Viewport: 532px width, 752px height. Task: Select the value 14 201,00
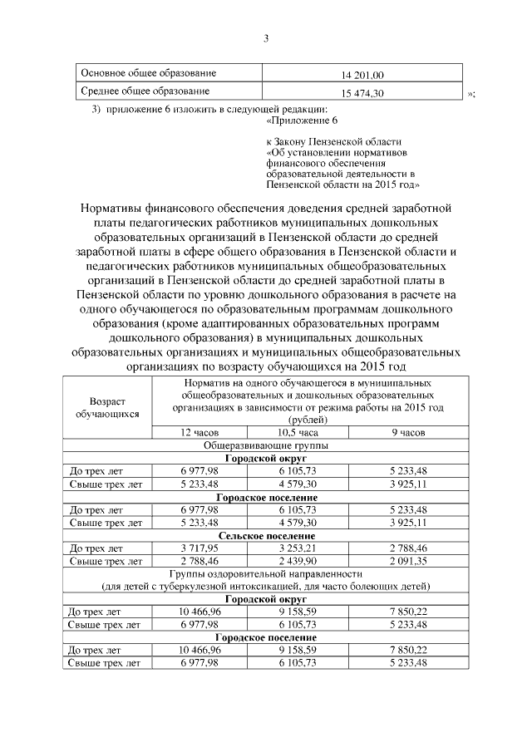[x=368, y=75]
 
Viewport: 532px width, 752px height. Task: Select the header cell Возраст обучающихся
[x=107, y=405]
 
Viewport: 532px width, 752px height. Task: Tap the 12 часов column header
[x=199, y=433]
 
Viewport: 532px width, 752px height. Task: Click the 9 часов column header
[x=407, y=433]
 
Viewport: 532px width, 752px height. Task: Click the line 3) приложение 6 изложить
[x=209, y=110]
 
